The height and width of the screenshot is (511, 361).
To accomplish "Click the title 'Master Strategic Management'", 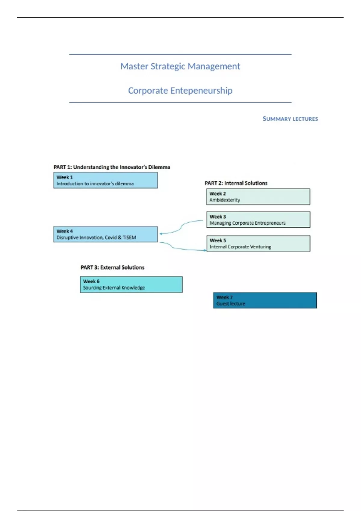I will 180,66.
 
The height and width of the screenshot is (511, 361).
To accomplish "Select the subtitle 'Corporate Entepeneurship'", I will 180,90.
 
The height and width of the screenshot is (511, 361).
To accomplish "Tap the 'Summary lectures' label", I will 290,119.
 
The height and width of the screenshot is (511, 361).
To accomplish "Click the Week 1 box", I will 105,180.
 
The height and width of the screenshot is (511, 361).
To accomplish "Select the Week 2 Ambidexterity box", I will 258,197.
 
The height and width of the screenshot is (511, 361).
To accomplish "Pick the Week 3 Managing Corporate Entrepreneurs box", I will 258,220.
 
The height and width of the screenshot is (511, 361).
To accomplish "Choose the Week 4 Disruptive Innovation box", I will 105,234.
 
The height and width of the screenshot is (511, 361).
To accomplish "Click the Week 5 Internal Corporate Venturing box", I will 258,243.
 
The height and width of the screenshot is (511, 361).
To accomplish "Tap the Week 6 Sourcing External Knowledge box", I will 131,284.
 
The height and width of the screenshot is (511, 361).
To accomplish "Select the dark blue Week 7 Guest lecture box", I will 265,300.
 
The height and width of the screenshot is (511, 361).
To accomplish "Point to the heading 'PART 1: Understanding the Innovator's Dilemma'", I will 112,167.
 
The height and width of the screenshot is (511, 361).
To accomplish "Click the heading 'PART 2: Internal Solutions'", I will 236,183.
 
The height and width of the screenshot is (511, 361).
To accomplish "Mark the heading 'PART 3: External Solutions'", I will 112,268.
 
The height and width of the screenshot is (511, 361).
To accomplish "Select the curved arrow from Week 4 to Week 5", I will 180,248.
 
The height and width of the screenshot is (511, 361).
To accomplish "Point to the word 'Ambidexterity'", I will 225,200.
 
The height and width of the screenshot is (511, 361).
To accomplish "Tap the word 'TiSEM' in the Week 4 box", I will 129,237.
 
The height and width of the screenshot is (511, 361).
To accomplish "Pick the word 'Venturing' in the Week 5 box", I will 261,247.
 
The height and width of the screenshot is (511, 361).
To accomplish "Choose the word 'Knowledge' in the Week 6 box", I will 133,288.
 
